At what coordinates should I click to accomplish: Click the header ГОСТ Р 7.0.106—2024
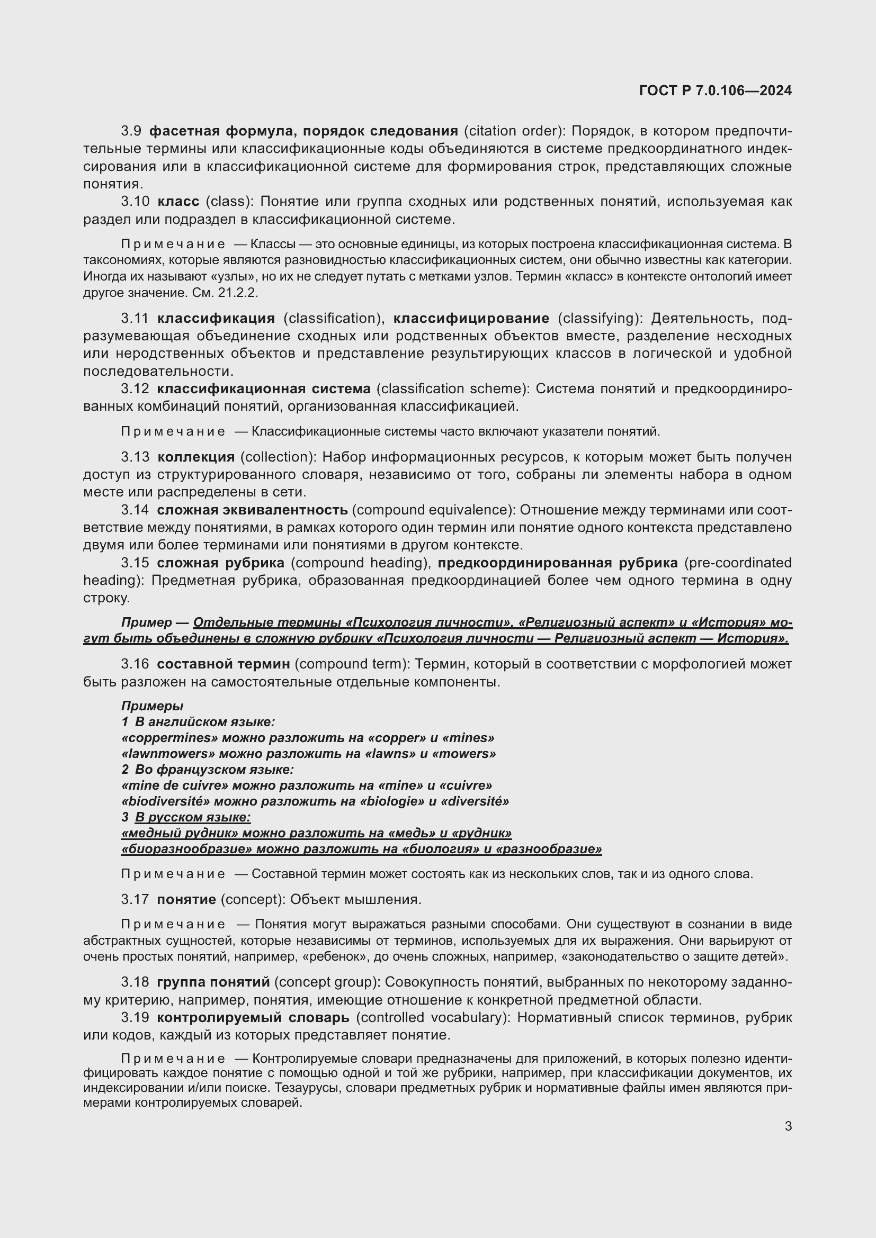[714, 91]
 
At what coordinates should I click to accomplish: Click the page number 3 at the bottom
[788, 1126]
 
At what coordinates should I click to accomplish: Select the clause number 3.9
[131, 131]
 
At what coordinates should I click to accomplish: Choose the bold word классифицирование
[471, 318]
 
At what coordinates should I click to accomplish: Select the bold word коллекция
[196, 457]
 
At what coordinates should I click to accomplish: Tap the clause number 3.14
[135, 510]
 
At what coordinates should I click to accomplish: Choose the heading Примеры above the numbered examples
[152, 706]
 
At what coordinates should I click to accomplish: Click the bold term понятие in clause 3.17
[186, 899]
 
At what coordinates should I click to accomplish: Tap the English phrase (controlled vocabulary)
[434, 1017]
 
